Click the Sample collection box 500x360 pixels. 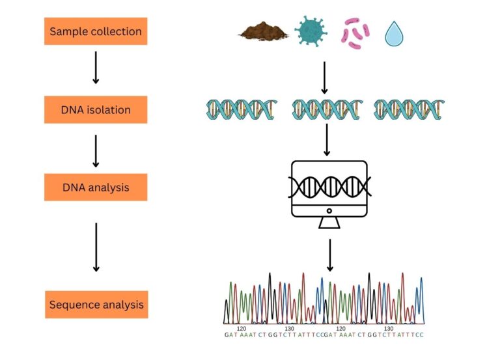coord(96,31)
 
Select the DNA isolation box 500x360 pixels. coord(96,109)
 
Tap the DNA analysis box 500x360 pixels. coord(96,187)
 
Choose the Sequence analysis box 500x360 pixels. coord(96,305)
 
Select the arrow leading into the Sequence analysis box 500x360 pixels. coord(96,247)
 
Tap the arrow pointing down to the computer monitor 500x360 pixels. coord(326,140)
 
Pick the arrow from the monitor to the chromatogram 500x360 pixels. coord(330,255)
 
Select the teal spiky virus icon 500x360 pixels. coord(311,31)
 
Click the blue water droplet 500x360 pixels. coord(394,34)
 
